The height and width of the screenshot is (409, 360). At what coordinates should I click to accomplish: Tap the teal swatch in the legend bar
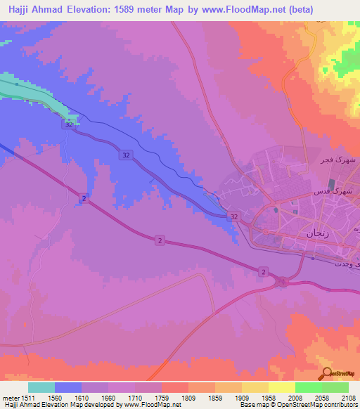tap(41, 387)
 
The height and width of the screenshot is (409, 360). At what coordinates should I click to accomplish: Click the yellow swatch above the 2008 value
tap(281, 387)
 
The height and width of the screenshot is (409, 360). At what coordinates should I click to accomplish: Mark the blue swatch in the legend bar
tap(68, 387)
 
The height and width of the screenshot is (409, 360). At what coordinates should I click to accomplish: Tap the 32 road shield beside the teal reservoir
tap(67, 125)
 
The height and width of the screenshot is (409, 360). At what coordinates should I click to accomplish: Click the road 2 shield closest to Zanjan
tap(262, 271)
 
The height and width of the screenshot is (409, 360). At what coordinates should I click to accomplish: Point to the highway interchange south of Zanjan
tap(283, 282)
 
